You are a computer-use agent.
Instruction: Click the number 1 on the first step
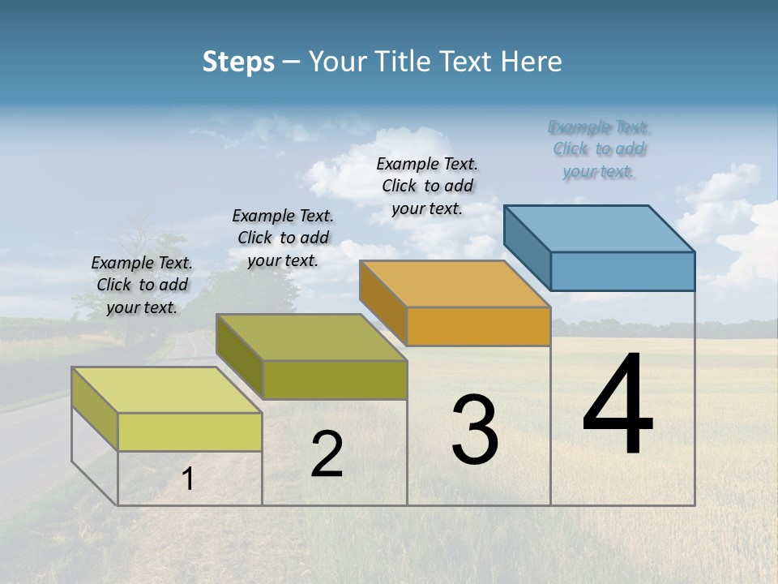pos(188,479)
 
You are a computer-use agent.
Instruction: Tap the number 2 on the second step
pos(327,454)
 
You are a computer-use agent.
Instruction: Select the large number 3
pos(475,429)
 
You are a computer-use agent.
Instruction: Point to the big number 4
pos(618,406)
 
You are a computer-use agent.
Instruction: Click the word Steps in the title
pos(238,62)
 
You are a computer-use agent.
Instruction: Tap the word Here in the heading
pos(531,62)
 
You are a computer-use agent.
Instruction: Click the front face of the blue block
pos(622,271)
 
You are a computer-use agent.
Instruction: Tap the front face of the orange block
pos(478,326)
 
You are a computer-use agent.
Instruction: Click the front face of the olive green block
pos(335,380)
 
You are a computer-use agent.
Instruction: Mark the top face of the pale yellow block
pos(167,390)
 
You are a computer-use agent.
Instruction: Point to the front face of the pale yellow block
pos(190,432)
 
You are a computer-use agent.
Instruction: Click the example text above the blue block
pos(599,149)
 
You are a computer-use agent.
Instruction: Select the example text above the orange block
pos(427,186)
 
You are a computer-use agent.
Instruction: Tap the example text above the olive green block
pos(283,238)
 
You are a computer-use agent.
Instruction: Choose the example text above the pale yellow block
pos(142,285)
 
